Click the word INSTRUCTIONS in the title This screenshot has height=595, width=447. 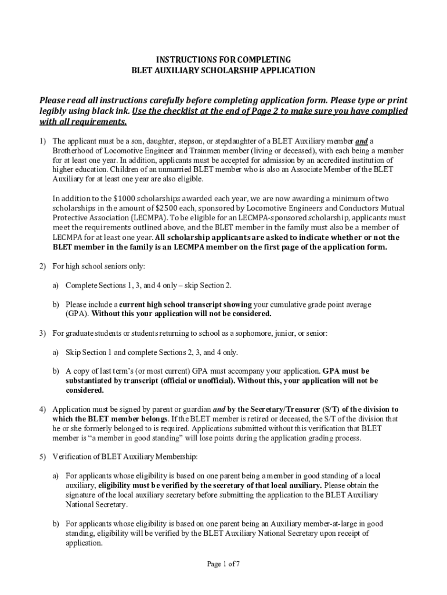[x=181, y=60]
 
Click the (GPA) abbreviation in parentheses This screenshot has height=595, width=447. [x=77, y=314]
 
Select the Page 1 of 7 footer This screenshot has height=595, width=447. [x=223, y=564]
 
